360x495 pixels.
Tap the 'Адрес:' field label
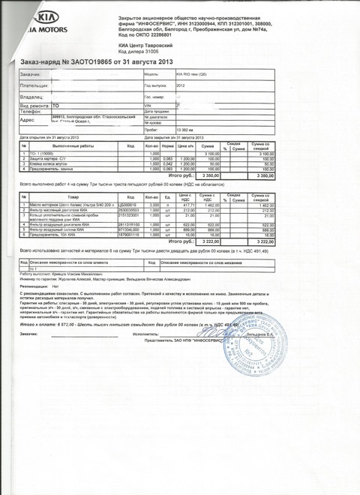click(28, 120)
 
